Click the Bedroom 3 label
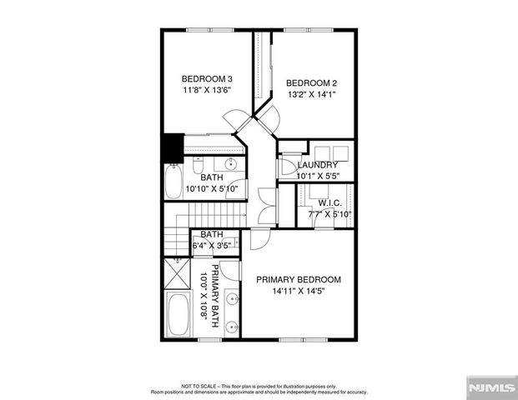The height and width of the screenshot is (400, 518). pyautogui.click(x=207, y=79)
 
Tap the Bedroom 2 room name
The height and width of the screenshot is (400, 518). pyautogui.click(x=311, y=82)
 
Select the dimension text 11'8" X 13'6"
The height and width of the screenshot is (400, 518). pyautogui.click(x=207, y=91)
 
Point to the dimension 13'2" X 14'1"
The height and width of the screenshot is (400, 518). pyautogui.click(x=311, y=94)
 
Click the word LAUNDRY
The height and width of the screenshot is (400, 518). pyautogui.click(x=317, y=165)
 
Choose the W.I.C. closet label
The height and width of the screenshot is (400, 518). pyautogui.click(x=324, y=202)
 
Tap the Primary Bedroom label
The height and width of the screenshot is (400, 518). pyautogui.click(x=299, y=279)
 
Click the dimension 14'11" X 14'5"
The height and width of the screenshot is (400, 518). pyautogui.click(x=299, y=291)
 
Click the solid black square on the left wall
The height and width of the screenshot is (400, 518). pyautogui.click(x=174, y=147)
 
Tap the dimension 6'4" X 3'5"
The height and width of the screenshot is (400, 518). pyautogui.click(x=212, y=246)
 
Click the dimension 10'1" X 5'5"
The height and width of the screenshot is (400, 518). pyautogui.click(x=317, y=177)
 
